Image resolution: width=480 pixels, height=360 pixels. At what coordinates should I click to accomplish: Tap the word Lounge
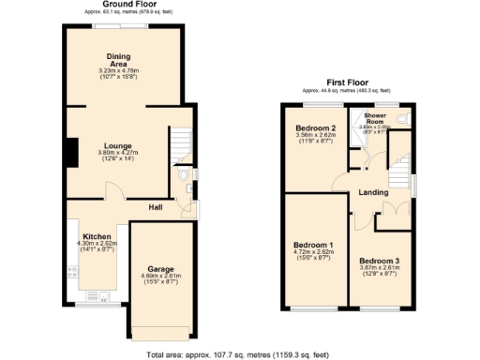point(118,145)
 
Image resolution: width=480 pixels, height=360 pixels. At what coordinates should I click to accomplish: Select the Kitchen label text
point(97,236)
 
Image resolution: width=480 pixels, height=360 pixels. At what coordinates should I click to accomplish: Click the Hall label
point(158,206)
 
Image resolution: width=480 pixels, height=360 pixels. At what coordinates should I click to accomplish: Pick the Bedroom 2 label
point(316,128)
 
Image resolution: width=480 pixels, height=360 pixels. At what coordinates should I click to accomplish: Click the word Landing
point(374,193)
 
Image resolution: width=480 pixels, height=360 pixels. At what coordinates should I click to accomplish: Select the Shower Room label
point(375,118)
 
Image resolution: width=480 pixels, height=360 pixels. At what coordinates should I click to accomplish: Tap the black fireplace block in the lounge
point(69,153)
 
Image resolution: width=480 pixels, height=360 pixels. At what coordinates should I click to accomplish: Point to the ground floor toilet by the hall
point(185,175)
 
